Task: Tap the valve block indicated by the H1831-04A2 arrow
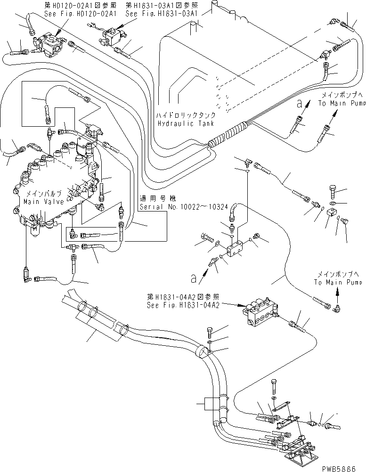coord(258,314)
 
